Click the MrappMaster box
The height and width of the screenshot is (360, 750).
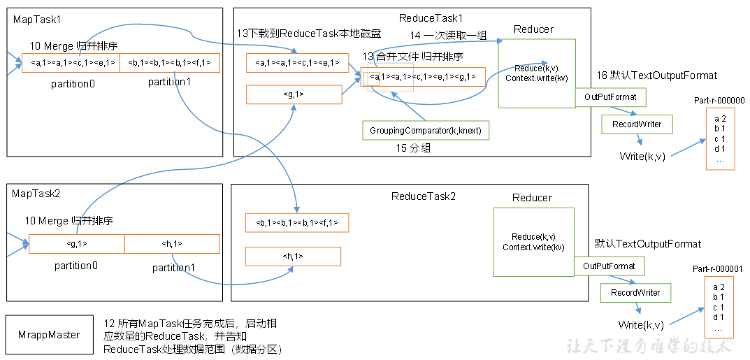[x=49, y=335]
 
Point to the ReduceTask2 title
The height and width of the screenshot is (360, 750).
[x=423, y=196]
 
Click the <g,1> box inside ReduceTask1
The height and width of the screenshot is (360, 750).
[x=294, y=94]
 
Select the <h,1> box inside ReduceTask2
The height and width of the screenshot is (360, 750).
[x=293, y=256]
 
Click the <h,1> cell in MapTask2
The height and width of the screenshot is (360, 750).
[x=172, y=244]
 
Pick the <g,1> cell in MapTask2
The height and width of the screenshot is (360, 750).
[x=77, y=244]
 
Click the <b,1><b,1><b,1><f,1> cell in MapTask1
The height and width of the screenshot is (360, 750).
[x=170, y=63]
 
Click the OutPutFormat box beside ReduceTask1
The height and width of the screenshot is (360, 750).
[x=610, y=97]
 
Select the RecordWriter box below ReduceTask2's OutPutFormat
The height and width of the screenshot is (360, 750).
[x=635, y=292]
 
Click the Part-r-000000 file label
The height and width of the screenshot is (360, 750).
[x=719, y=101]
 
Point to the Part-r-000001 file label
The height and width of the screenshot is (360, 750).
[x=718, y=268]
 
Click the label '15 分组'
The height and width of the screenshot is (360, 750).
[x=413, y=148]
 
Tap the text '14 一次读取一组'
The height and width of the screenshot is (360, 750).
[x=447, y=36]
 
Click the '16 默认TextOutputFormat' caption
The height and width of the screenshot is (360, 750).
[x=656, y=75]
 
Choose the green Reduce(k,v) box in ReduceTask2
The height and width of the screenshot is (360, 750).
[x=533, y=241]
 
